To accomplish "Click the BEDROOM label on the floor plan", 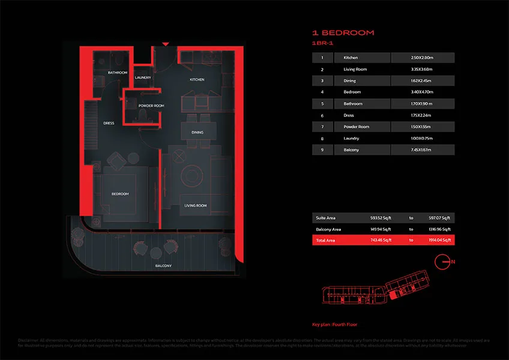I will click(x=120, y=194).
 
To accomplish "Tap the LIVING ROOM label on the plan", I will click(x=195, y=206).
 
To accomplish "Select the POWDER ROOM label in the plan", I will click(x=151, y=106).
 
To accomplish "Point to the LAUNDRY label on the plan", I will click(x=143, y=77).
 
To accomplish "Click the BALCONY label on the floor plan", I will click(x=163, y=266).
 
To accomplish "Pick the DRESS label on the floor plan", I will click(x=109, y=124).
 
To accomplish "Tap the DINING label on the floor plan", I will click(x=197, y=132).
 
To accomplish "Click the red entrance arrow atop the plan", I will click(x=165, y=44).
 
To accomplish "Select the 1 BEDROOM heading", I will click(x=343, y=32).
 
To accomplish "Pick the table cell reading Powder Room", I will click(x=357, y=127).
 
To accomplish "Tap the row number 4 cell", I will click(x=322, y=92).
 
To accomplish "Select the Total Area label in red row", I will click(x=326, y=240).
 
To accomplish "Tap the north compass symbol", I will click(x=442, y=262).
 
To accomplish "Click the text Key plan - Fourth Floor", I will click(x=334, y=324).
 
